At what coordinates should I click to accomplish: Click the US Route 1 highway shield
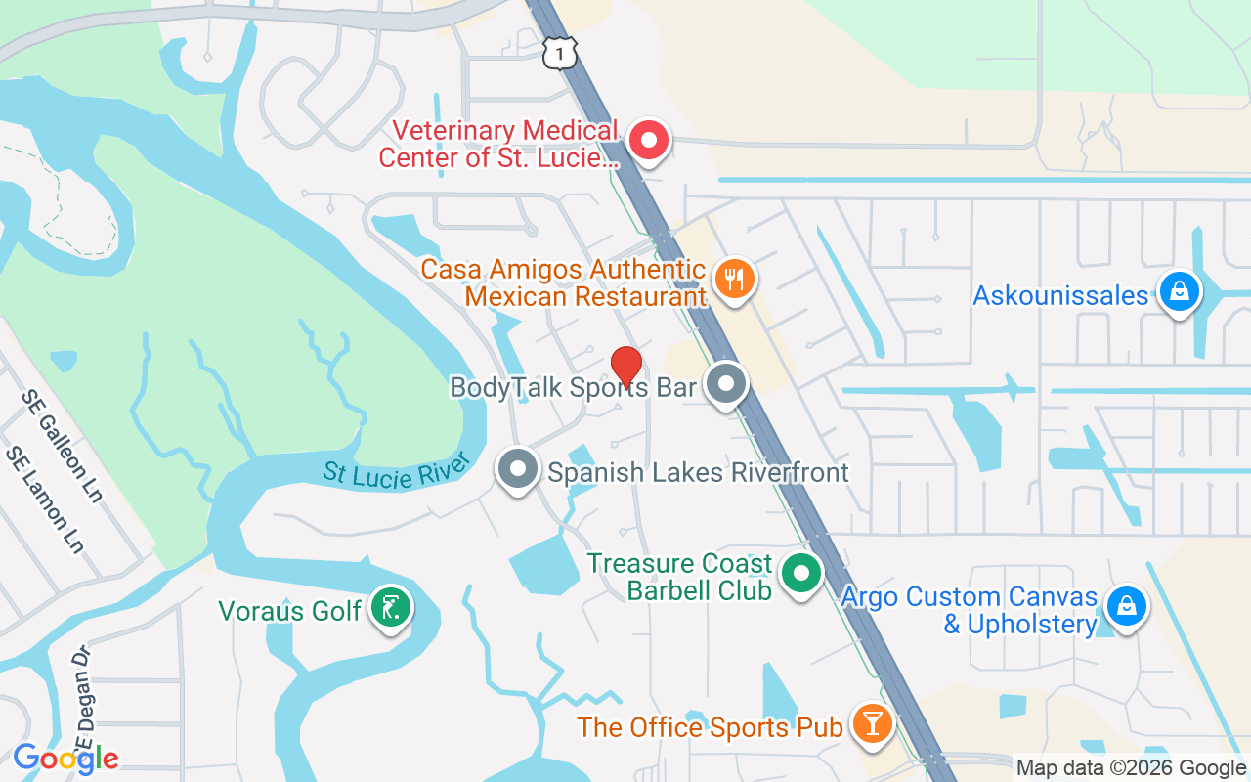(x=558, y=55)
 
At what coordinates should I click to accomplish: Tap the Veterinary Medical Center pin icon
(x=647, y=140)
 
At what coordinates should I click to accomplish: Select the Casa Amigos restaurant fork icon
(x=734, y=280)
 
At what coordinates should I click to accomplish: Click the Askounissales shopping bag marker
(x=1179, y=292)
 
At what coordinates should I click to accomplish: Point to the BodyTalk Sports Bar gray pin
(x=725, y=384)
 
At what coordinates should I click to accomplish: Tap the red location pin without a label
(x=625, y=366)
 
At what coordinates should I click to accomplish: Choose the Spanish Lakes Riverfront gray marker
(x=518, y=469)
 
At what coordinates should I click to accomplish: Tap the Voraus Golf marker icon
(x=391, y=609)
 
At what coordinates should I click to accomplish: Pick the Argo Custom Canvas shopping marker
(x=1126, y=606)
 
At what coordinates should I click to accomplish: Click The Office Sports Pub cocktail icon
(x=870, y=723)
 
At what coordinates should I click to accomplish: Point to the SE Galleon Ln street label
(x=63, y=446)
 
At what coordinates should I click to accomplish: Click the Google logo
(x=65, y=759)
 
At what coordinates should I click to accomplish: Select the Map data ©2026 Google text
(x=1131, y=768)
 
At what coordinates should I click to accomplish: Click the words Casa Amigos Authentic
(x=563, y=269)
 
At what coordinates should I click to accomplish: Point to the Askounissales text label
(x=1060, y=295)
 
